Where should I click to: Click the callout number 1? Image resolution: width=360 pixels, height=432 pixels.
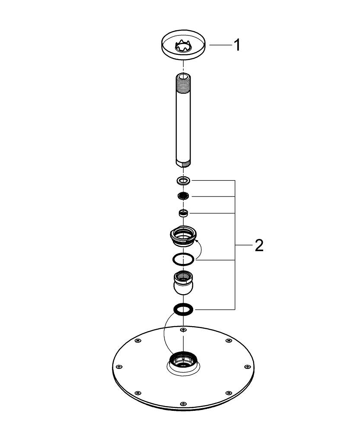(x=236, y=45)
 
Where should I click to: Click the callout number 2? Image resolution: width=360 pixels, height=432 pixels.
(x=258, y=245)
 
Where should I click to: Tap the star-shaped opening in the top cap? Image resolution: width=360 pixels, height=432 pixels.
(x=183, y=45)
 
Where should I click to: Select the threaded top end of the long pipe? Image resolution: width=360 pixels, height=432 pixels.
(x=183, y=79)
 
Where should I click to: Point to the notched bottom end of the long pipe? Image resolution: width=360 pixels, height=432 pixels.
(x=183, y=163)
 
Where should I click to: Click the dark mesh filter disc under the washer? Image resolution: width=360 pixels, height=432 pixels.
(x=183, y=197)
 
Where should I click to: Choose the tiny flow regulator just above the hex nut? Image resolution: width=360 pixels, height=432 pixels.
(x=183, y=212)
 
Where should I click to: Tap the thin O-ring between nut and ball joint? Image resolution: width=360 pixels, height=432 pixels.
(x=183, y=259)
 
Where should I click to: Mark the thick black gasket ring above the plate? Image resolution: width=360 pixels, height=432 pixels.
(x=183, y=309)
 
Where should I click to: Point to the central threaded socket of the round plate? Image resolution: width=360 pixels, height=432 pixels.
(x=183, y=359)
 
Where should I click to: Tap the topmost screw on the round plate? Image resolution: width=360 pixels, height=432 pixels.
(x=183, y=330)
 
